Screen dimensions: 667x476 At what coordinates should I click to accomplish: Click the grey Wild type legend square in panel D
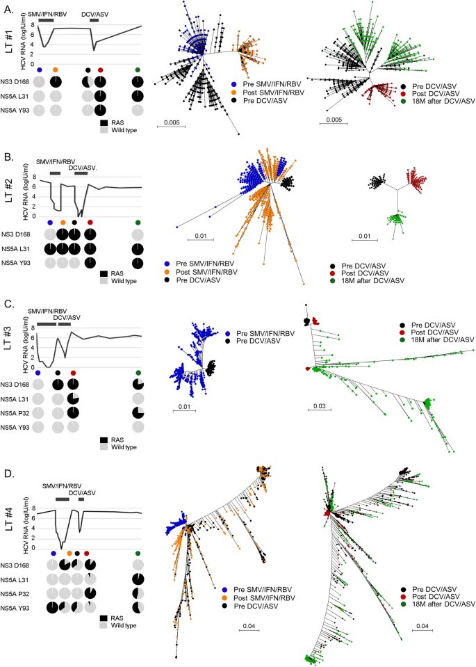tap(104, 629)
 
